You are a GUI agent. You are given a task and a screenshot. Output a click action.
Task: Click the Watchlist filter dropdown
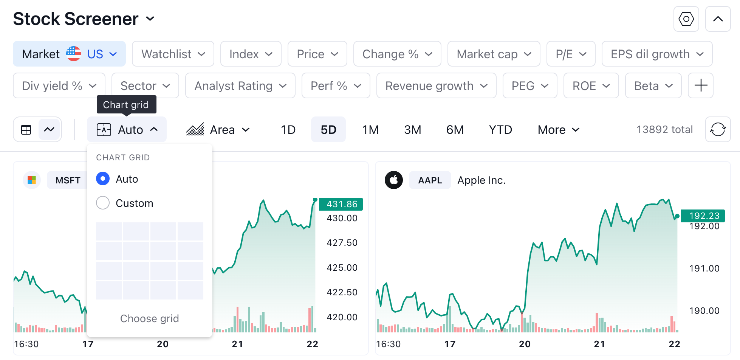pyautogui.click(x=173, y=54)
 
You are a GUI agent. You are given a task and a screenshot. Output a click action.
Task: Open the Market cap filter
pyautogui.click(x=494, y=54)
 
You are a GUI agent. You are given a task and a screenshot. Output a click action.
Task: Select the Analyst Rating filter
pyautogui.click(x=240, y=86)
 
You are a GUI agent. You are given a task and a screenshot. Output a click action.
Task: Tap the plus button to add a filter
pyautogui.click(x=700, y=85)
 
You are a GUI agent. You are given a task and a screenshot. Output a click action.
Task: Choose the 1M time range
pyautogui.click(x=370, y=130)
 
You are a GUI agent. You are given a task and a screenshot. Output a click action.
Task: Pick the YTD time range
pyautogui.click(x=500, y=130)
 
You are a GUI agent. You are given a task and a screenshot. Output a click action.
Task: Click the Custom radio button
pyautogui.click(x=103, y=203)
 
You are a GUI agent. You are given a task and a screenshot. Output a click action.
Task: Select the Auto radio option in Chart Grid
pyautogui.click(x=103, y=179)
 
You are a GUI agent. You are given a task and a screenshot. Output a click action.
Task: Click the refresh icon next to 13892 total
pyautogui.click(x=718, y=129)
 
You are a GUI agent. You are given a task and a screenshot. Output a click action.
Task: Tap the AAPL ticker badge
pyautogui.click(x=430, y=180)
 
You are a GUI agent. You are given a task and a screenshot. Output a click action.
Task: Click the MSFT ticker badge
pyautogui.click(x=68, y=180)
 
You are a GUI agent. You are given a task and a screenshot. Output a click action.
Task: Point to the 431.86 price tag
pyautogui.click(x=341, y=204)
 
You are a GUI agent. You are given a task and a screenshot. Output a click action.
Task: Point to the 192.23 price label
pyautogui.click(x=703, y=216)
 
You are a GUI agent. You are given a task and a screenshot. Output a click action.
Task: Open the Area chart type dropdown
pyautogui.click(x=218, y=130)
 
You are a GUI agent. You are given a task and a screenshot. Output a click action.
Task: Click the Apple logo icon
pyautogui.click(x=393, y=180)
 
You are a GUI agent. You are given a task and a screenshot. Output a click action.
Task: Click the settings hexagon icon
pyautogui.click(x=686, y=19)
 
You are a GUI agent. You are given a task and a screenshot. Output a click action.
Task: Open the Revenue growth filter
pyautogui.click(x=436, y=86)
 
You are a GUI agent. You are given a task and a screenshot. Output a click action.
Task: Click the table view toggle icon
pyautogui.click(x=26, y=130)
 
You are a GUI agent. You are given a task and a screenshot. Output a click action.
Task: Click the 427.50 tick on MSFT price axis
pyautogui.click(x=342, y=243)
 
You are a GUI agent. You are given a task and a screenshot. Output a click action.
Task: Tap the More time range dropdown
pyautogui.click(x=558, y=130)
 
